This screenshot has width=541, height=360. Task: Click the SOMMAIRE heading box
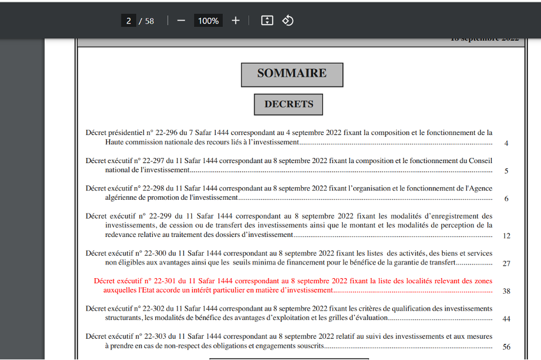pos(292,74)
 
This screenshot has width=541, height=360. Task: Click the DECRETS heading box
pos(289,104)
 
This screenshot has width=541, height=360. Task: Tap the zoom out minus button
pos(181,21)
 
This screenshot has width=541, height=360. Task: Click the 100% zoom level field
pos(208,21)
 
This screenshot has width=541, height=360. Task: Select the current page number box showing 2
pos(128,21)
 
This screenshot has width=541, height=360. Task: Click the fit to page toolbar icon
pos(267,21)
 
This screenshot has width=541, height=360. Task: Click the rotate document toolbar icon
pos(288,21)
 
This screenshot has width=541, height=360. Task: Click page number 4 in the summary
pos(506,143)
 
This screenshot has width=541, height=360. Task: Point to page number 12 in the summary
pos(506,235)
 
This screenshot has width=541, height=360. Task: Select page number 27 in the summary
pos(506,263)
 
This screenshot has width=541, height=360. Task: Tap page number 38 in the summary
pos(506,291)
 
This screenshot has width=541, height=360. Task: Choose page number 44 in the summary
pos(506,319)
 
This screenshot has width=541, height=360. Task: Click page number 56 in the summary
pos(506,347)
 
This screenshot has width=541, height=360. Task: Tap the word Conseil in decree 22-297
pos(480,161)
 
